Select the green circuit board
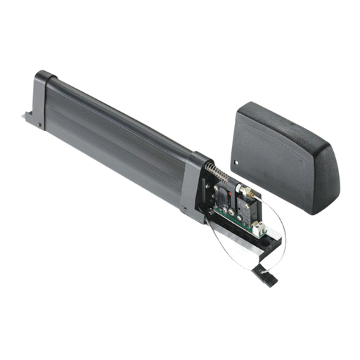232,204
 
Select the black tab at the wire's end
271,280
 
